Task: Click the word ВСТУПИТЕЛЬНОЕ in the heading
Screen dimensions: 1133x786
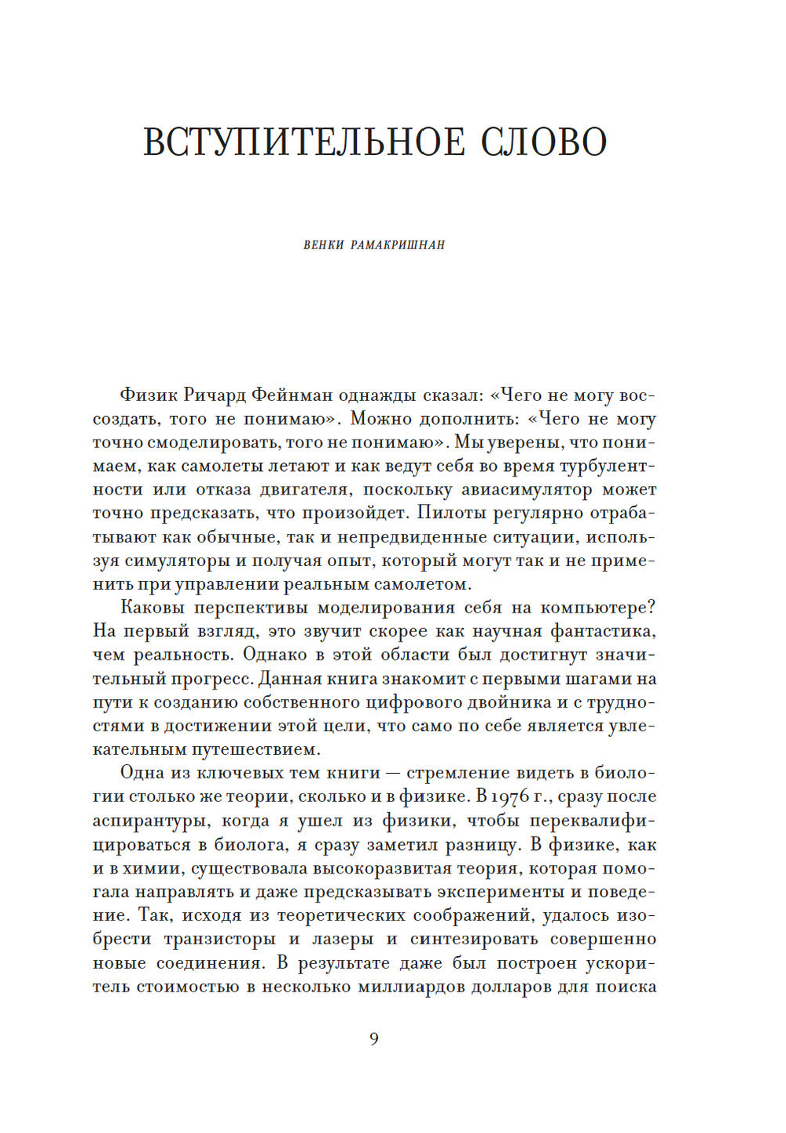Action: [303, 142]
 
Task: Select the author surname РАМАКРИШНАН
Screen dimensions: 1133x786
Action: [398, 245]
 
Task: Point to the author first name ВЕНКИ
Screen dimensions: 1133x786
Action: [324, 245]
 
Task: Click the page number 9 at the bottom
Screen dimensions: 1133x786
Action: [374, 1039]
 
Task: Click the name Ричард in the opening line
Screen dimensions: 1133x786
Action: [217, 395]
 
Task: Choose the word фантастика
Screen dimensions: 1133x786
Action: [603, 631]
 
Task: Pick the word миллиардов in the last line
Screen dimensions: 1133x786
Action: [410, 987]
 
